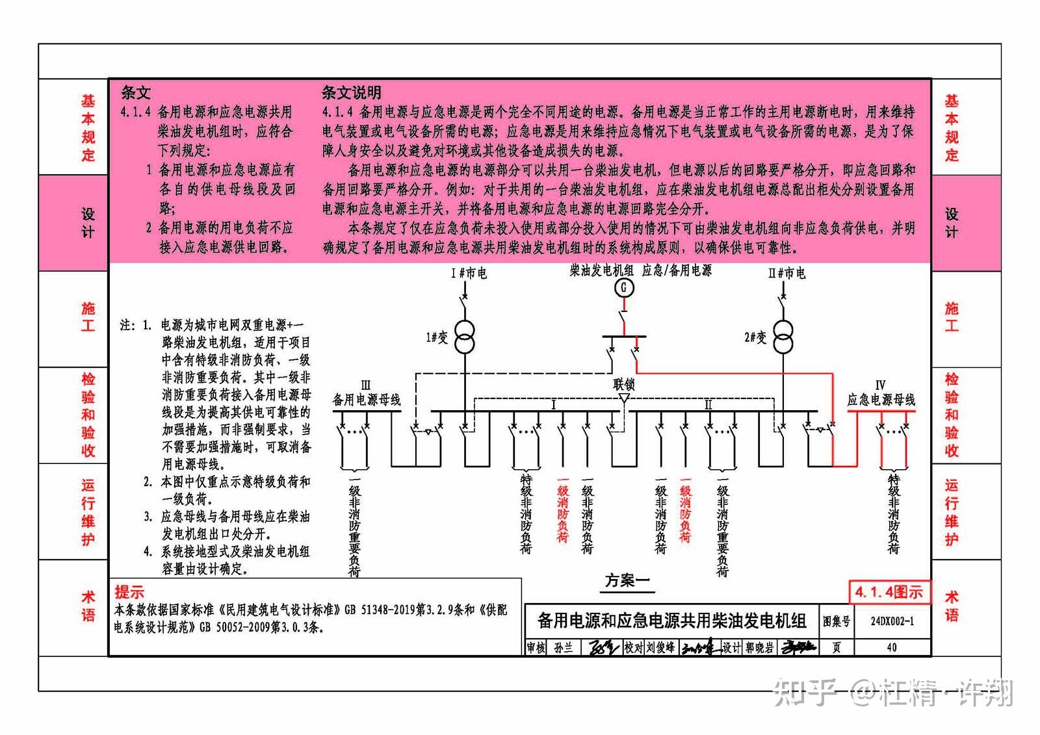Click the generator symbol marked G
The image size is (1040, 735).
(x=624, y=287)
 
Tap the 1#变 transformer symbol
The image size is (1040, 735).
(x=464, y=337)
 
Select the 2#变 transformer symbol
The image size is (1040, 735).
(x=783, y=337)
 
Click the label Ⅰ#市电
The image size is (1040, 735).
(x=469, y=274)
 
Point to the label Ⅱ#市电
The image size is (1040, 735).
(x=786, y=274)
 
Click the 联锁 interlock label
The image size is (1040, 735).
(x=623, y=384)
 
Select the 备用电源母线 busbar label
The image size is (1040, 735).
(x=367, y=400)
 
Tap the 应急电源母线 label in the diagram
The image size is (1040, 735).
(x=881, y=400)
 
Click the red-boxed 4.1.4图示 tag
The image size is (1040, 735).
(x=890, y=592)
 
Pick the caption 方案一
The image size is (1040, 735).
(x=627, y=580)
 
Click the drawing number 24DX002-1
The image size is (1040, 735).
(x=892, y=621)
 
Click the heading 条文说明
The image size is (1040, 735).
(x=351, y=92)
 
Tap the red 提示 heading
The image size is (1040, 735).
(x=129, y=592)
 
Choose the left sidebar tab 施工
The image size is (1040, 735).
(x=88, y=317)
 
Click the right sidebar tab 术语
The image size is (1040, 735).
(x=952, y=606)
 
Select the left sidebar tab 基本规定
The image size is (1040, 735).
(x=88, y=128)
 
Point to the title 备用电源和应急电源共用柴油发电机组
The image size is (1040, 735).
(x=671, y=621)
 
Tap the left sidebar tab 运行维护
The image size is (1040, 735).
(x=88, y=512)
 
